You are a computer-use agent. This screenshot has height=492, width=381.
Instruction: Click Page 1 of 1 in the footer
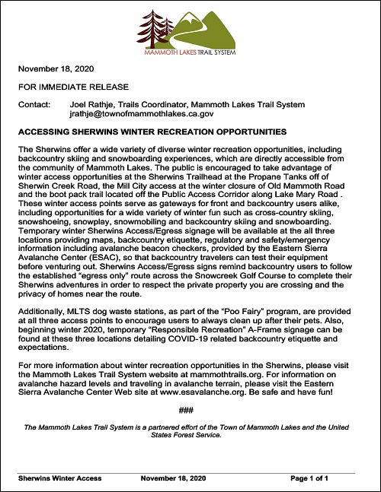coord(309,478)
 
